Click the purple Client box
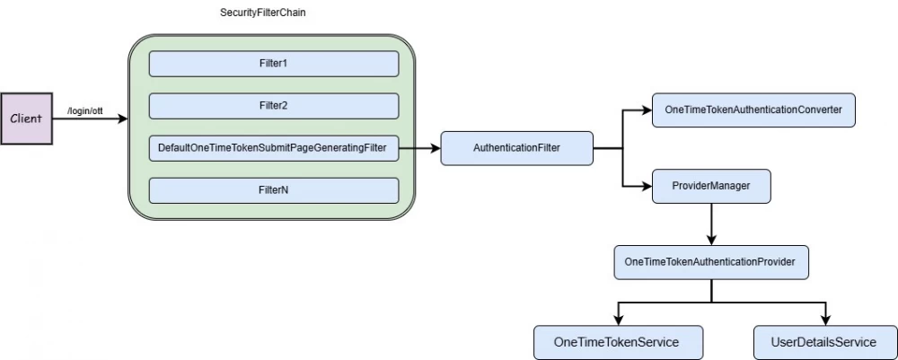point(26,118)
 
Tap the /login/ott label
point(86,110)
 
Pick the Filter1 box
point(273,64)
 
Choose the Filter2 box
point(273,106)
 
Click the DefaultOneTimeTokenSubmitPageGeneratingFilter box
point(273,147)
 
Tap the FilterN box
point(273,190)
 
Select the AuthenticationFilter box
point(516,147)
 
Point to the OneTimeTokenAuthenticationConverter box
point(753,110)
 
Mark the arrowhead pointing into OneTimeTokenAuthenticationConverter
point(646,110)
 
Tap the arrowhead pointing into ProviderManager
point(646,186)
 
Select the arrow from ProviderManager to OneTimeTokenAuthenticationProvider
point(711,224)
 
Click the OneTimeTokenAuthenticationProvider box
point(710,262)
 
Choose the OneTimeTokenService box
point(616,342)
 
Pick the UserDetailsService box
point(823,342)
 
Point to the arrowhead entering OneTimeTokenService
point(617,320)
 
